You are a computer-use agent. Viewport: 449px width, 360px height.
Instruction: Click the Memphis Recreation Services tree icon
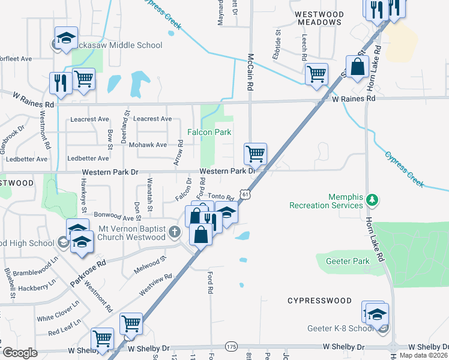372,198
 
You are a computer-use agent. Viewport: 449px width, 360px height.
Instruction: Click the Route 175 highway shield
232,347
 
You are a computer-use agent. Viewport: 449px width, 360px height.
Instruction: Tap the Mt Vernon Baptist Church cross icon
174,232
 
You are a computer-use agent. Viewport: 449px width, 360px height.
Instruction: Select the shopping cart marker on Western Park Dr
256,154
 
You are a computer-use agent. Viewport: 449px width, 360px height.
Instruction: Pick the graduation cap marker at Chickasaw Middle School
66,38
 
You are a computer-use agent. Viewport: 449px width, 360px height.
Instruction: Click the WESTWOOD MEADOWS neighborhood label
319,18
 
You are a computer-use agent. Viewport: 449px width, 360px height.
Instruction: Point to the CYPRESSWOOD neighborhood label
319,300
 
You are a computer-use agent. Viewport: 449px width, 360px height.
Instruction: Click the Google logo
20,353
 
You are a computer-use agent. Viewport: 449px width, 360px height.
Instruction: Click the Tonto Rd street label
221,196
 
